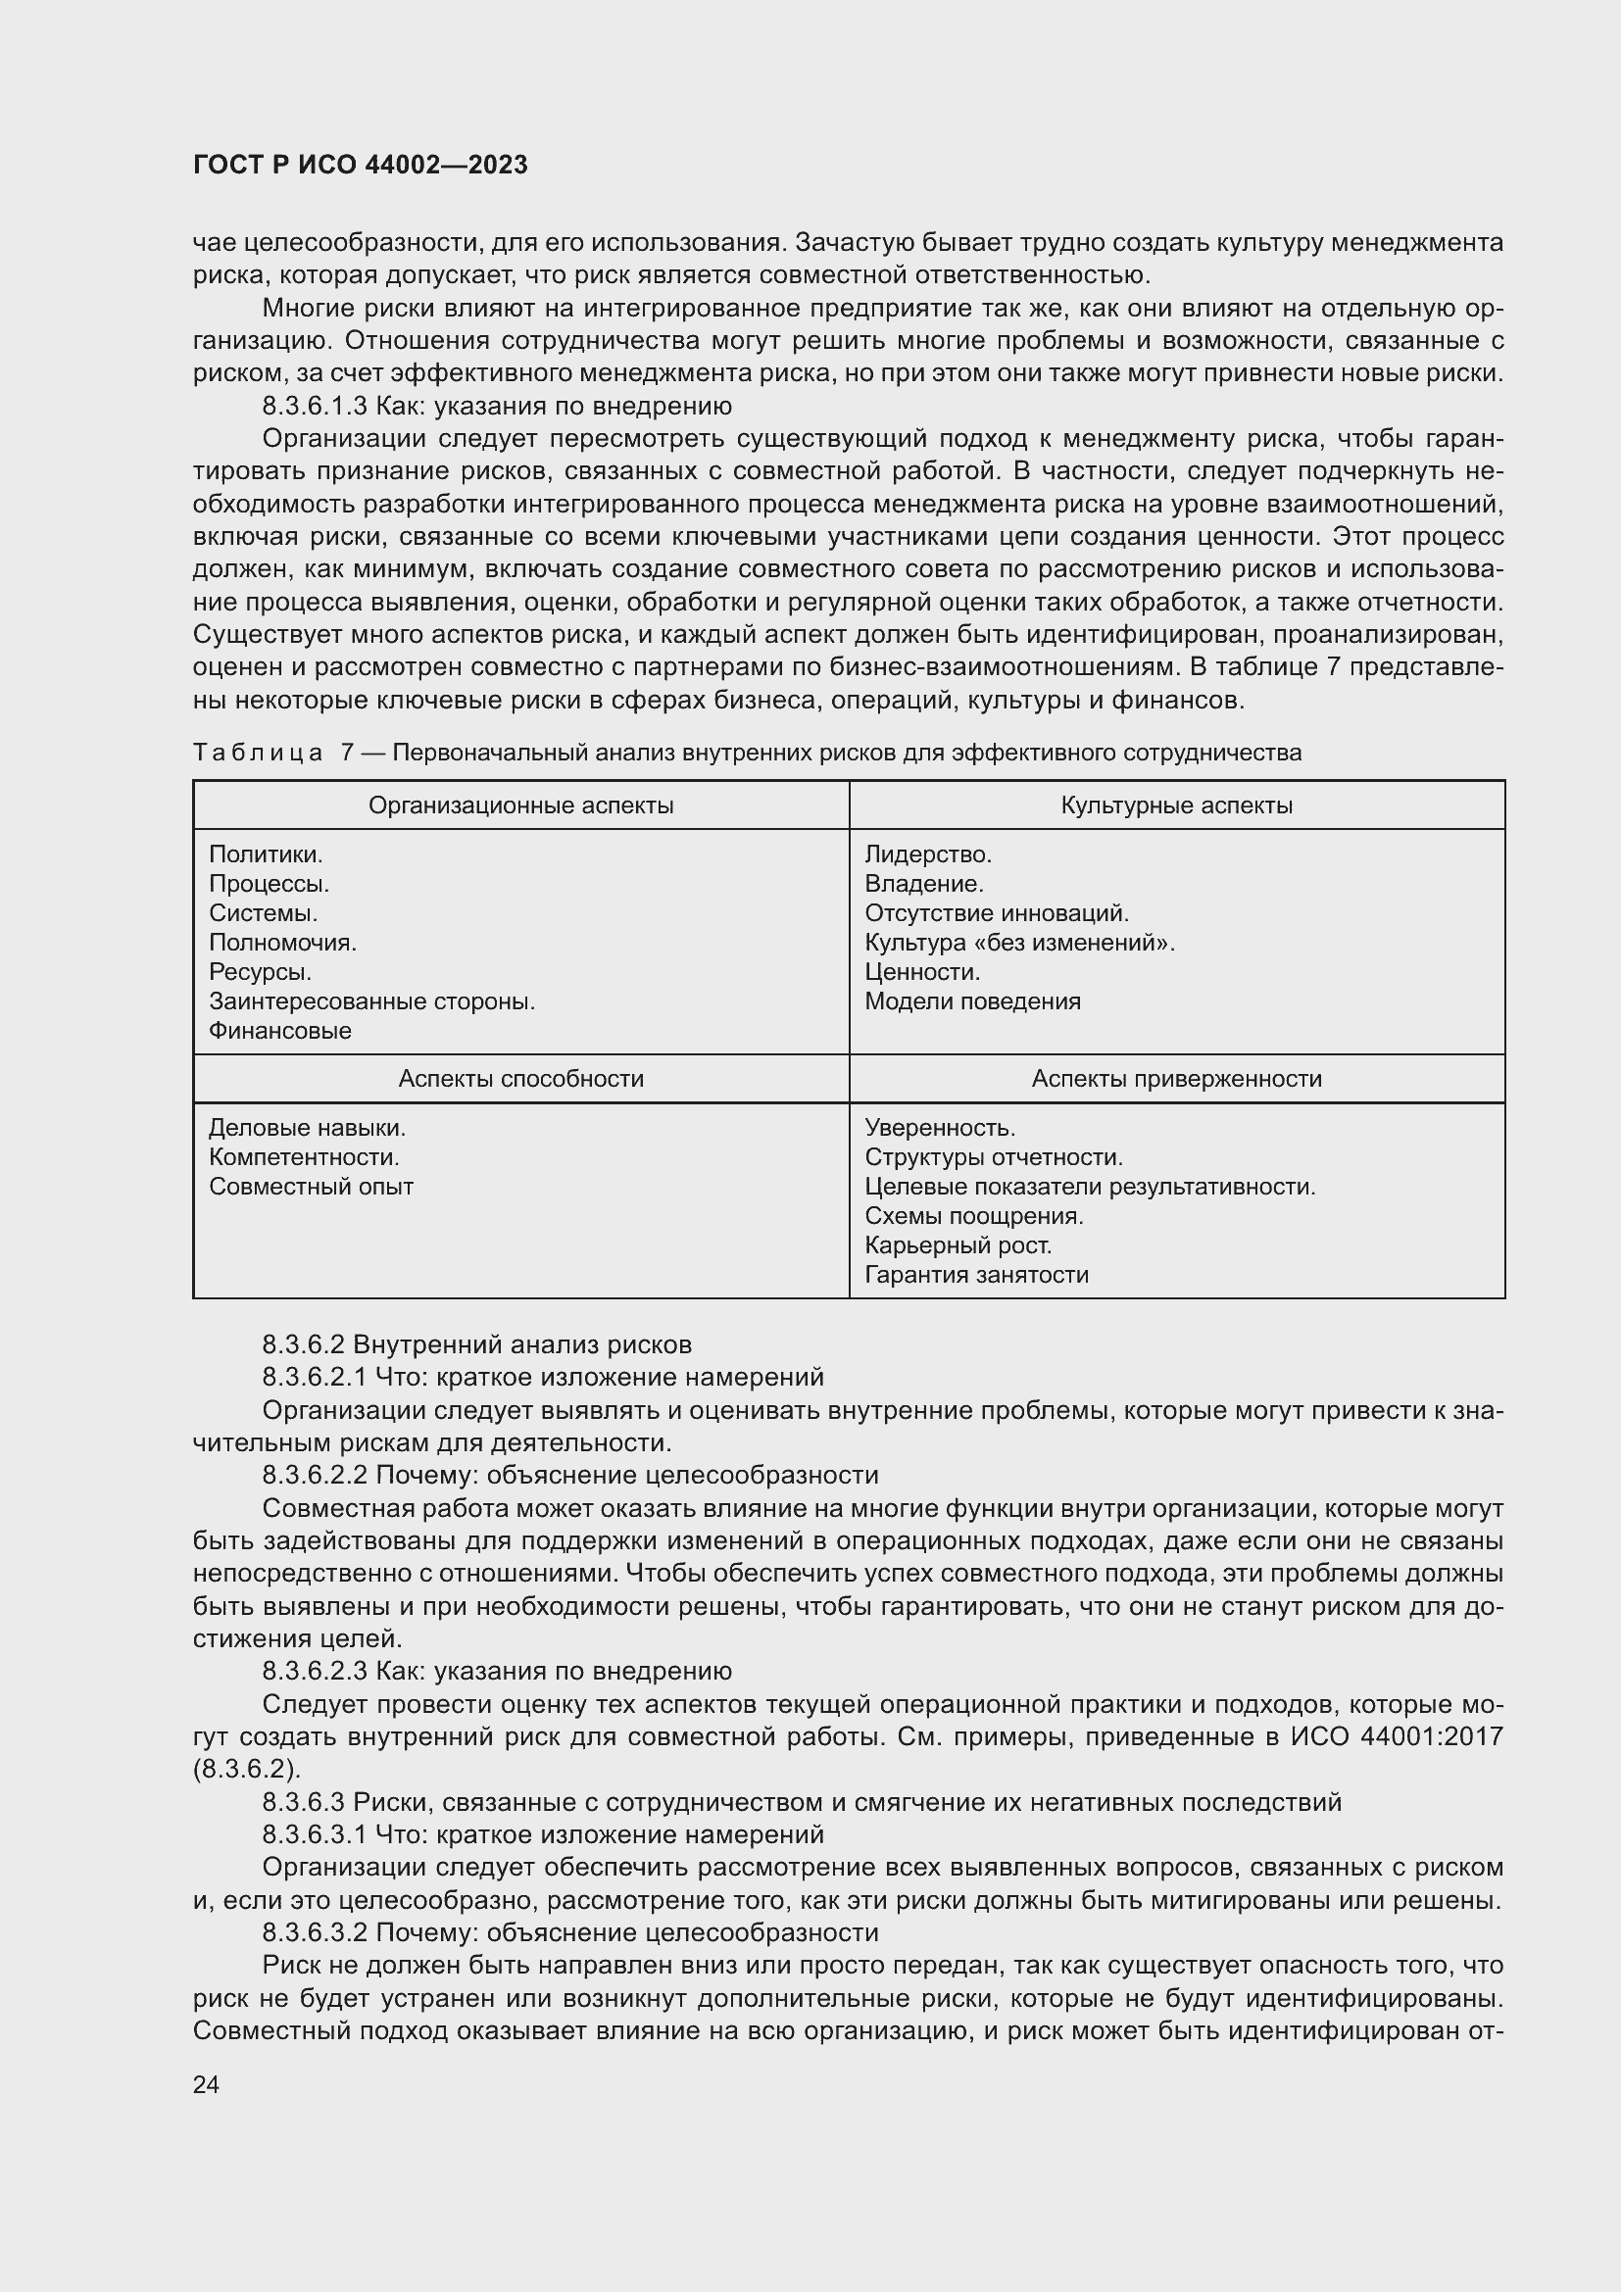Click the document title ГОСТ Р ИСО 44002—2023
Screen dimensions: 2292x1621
pyautogui.click(x=361, y=165)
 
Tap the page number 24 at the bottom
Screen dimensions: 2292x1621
pyautogui.click(x=206, y=2084)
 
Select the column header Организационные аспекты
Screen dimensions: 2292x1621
pyautogui.click(x=520, y=805)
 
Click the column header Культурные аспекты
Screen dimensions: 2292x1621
pyautogui.click(x=1176, y=805)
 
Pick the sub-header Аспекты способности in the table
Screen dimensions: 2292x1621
pyautogui.click(x=520, y=1079)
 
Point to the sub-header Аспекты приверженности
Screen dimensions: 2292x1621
pyautogui.click(x=1176, y=1079)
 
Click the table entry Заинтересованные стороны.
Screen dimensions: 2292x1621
pyautogui.click(x=371, y=1001)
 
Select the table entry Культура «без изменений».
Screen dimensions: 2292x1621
pyautogui.click(x=1019, y=943)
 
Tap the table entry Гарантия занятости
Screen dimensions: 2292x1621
pyautogui.click(x=975, y=1275)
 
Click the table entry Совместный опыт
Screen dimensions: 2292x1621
pyautogui.click(x=311, y=1187)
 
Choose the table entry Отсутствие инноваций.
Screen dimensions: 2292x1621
pyautogui.click(x=996, y=913)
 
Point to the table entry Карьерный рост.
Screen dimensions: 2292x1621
pyautogui.click(x=958, y=1245)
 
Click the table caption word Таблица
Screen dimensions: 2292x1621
pyautogui.click(x=258, y=753)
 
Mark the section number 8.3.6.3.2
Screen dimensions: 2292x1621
pyautogui.click(x=316, y=1932)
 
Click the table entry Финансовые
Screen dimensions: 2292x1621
pyautogui.click(x=279, y=1031)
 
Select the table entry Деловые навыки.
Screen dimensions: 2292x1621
pyautogui.click(x=307, y=1128)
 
